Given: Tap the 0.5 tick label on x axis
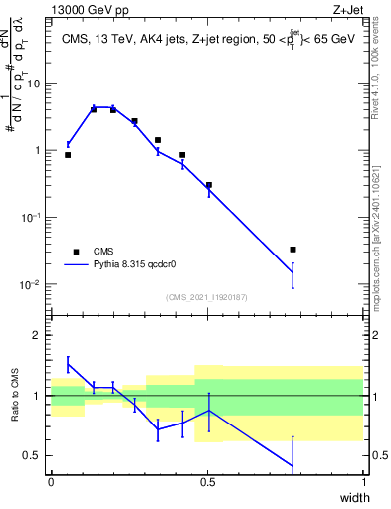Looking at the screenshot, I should pyautogui.click(x=207, y=481).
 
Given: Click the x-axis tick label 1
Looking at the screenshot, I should pyautogui.click(x=363, y=481).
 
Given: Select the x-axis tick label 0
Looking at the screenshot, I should pyautogui.click(x=51, y=481).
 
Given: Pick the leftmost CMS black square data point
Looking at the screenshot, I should pyautogui.click(x=68, y=155).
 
